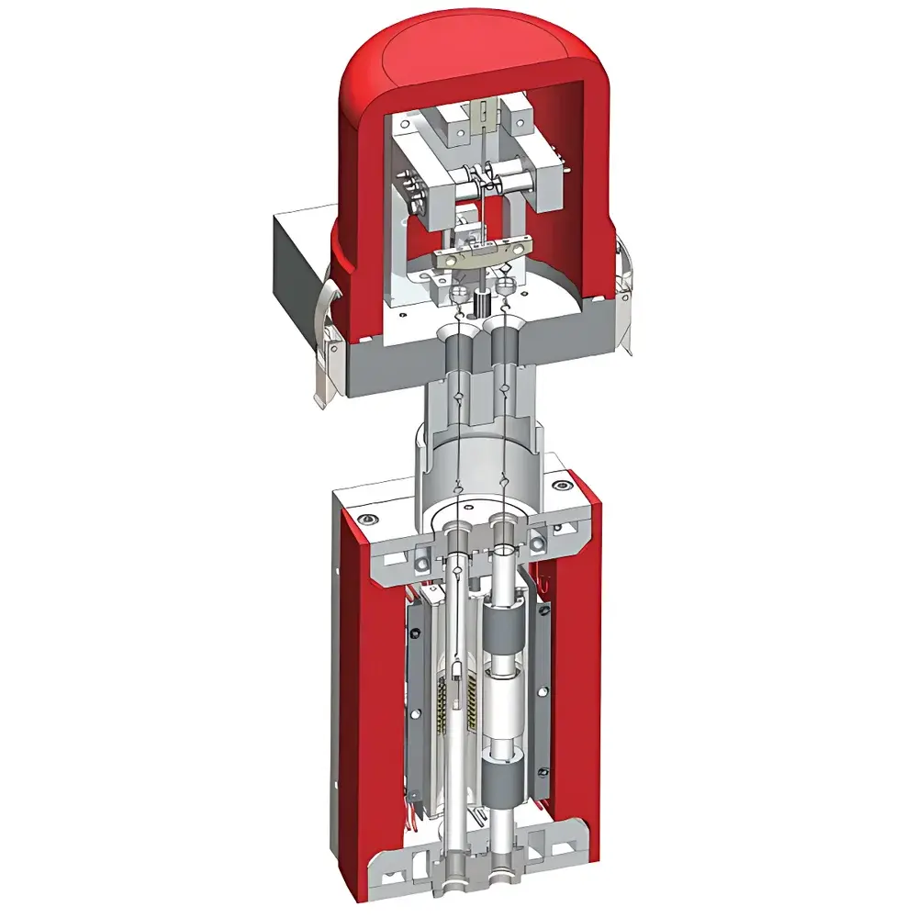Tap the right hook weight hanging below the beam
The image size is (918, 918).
(504, 287)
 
